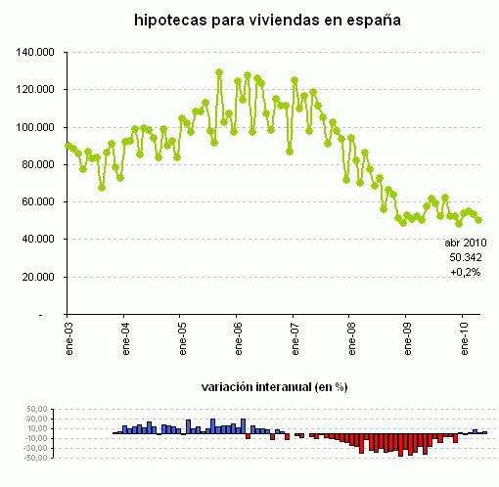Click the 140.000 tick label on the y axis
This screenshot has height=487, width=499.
point(37,52)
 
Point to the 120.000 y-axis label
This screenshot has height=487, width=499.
point(37,89)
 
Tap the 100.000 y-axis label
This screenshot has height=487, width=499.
point(37,127)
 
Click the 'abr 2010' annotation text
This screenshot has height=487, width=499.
point(465,242)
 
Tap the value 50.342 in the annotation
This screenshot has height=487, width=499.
point(465,257)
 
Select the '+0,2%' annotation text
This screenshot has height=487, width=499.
point(465,273)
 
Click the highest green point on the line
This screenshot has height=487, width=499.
point(219,72)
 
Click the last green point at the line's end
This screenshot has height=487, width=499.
point(478,220)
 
